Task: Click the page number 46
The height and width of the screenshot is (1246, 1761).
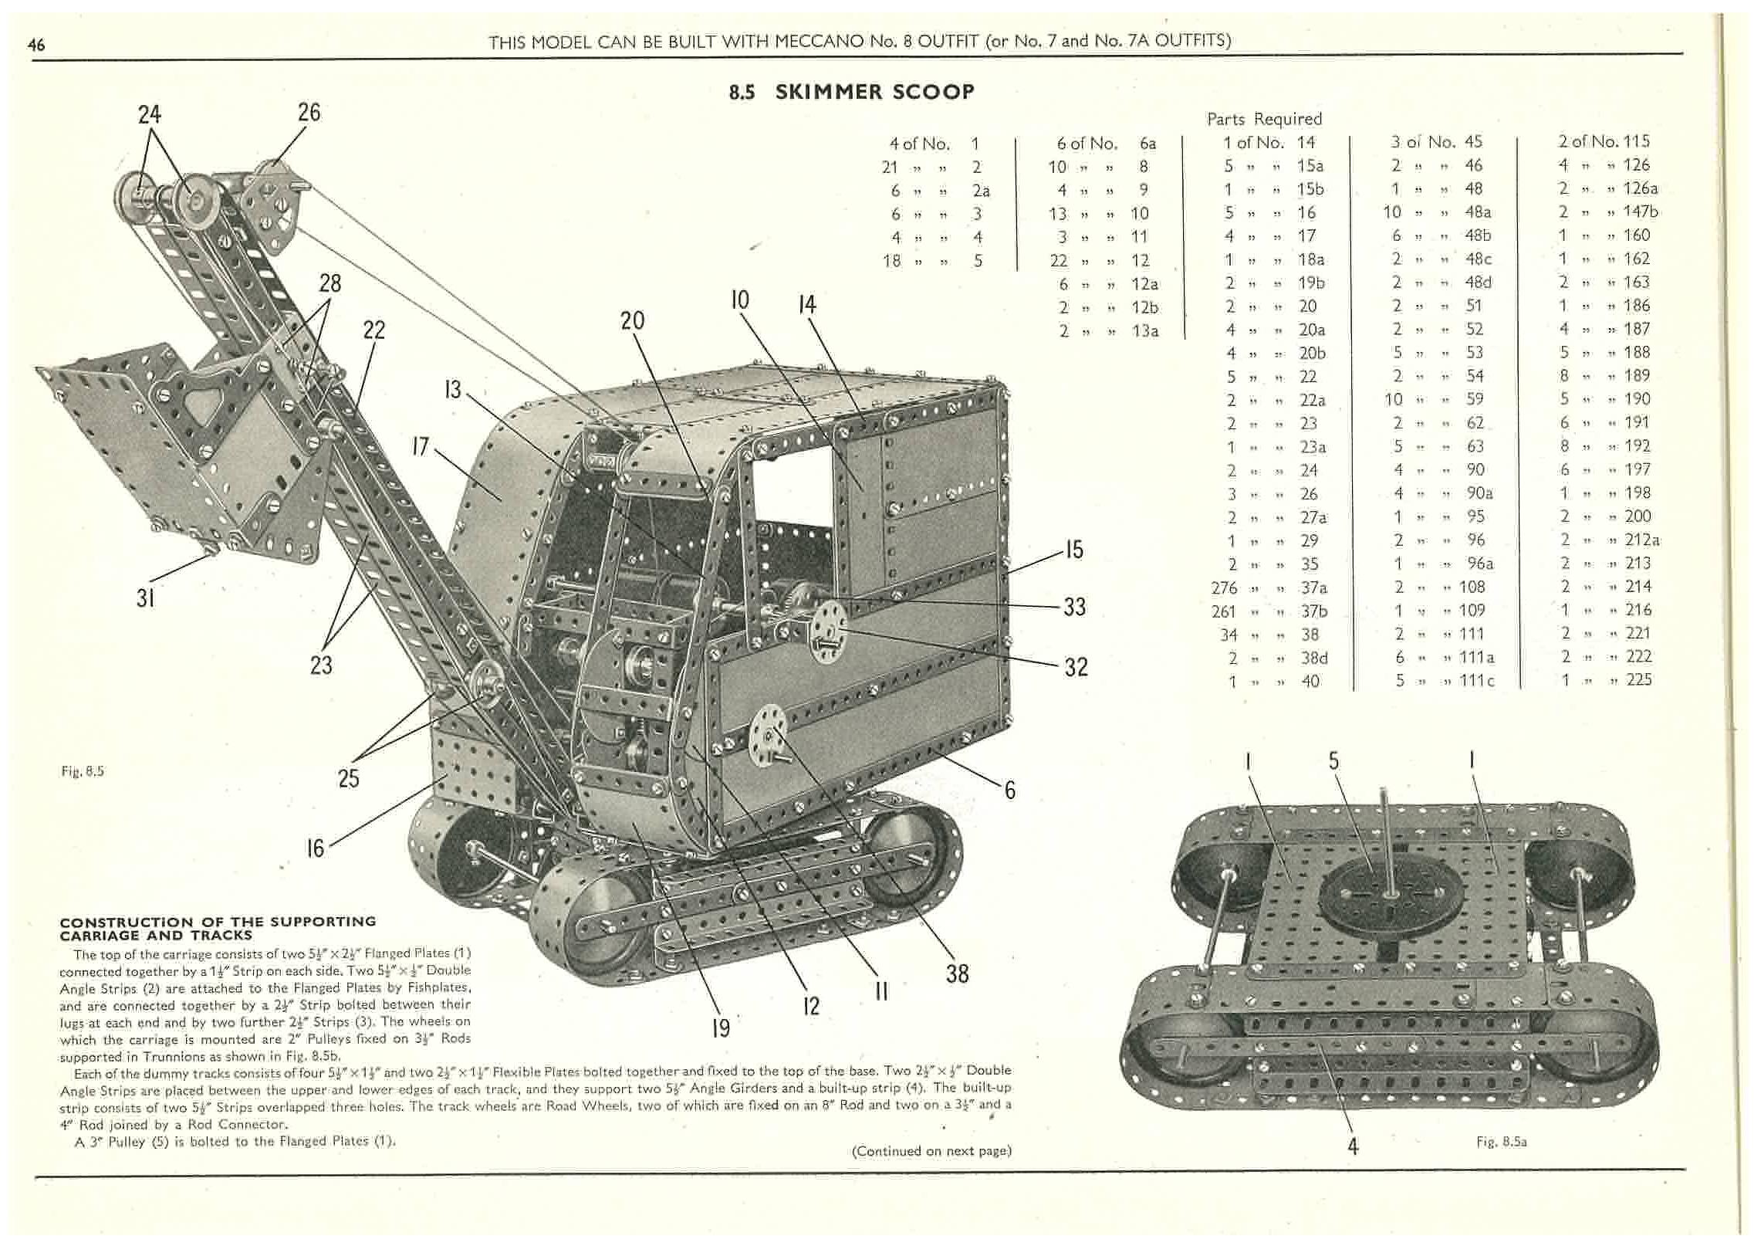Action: [x=36, y=45]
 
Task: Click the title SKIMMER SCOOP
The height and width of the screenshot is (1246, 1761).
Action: [x=874, y=92]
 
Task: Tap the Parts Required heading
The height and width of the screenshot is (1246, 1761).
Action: [x=1264, y=119]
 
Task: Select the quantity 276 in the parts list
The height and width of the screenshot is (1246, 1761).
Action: [x=1225, y=588]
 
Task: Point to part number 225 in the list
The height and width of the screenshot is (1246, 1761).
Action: [x=1638, y=680]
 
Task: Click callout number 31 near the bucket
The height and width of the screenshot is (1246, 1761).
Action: [x=146, y=598]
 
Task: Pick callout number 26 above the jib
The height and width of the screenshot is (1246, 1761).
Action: [x=309, y=113]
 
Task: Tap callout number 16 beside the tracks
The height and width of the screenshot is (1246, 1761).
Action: [x=316, y=848]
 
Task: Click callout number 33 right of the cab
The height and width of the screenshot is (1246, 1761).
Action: [x=1074, y=607]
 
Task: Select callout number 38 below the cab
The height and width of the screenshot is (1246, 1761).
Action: [x=957, y=973]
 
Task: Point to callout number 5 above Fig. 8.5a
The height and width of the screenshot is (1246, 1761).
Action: [x=1333, y=761]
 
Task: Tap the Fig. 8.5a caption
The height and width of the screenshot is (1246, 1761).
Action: [x=1501, y=1141]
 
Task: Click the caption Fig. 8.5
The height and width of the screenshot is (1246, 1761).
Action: [x=83, y=771]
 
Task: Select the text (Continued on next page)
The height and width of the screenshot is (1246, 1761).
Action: [x=931, y=1151]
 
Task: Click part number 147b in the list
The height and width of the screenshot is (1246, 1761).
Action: [x=1640, y=212]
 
